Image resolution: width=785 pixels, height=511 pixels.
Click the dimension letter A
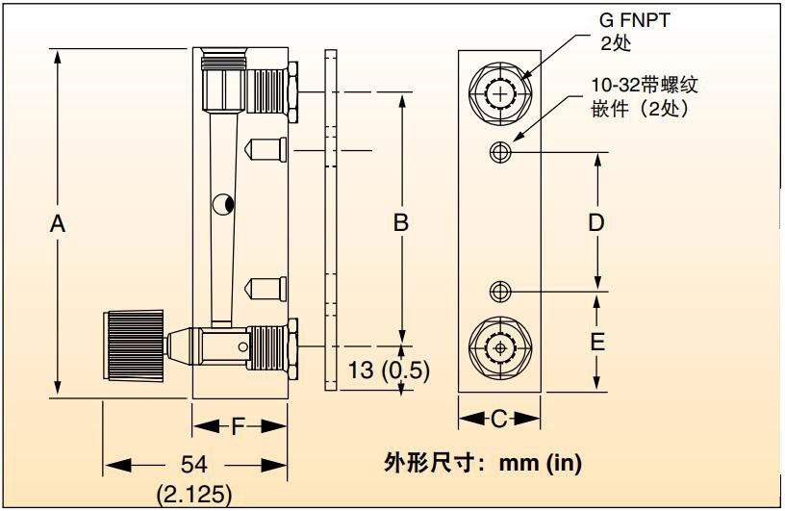[x=58, y=223]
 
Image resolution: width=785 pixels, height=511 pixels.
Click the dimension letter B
[x=401, y=222]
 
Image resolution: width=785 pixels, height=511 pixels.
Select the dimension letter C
[x=499, y=419]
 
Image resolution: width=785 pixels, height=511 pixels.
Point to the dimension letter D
[x=596, y=222]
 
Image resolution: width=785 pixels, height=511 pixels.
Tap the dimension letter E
[x=597, y=343]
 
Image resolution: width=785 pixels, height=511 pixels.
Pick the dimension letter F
[x=238, y=426]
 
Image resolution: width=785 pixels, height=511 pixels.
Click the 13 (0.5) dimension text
[x=389, y=370]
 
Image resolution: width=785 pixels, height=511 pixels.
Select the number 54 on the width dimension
[x=193, y=464]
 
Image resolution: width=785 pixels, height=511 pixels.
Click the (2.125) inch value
[x=194, y=495]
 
